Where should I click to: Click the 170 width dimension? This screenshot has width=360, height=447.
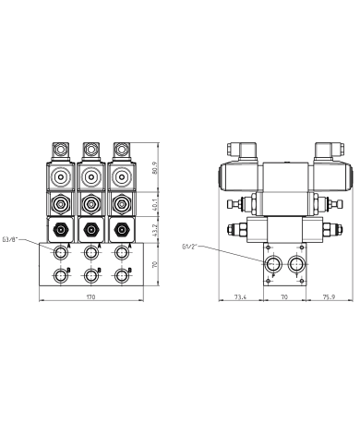90,298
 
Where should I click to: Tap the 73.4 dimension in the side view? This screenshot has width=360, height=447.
240,298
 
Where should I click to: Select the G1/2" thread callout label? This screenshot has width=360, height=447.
192,246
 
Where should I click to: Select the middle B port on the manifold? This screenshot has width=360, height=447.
90,274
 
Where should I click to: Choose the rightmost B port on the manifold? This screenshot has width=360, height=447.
120,274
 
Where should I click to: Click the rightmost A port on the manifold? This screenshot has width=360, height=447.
120,252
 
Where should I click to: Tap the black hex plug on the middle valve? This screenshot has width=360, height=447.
90,229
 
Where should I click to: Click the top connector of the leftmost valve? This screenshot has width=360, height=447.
61,147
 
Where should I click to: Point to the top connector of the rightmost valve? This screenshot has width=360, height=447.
120,147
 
